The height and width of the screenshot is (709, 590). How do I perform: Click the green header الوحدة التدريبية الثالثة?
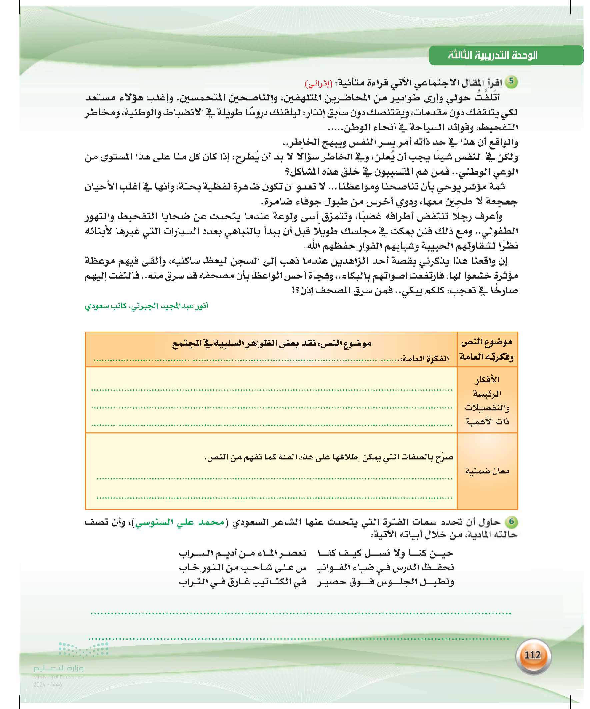click(x=492, y=55)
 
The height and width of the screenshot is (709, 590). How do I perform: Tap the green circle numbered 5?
click(x=511, y=82)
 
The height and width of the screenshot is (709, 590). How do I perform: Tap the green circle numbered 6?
click(x=511, y=521)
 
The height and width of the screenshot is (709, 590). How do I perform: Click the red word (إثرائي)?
click(x=318, y=83)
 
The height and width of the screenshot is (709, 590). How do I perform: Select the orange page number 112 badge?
click(x=533, y=655)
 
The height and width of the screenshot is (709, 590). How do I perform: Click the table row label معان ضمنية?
click(x=487, y=471)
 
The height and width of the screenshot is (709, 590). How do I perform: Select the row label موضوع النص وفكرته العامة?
click(x=487, y=349)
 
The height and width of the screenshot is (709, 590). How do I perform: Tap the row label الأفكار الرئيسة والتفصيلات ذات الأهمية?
click(x=487, y=400)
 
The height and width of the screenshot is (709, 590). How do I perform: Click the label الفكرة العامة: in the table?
click(x=425, y=359)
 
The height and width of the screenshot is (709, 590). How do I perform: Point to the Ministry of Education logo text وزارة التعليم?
click(x=58, y=668)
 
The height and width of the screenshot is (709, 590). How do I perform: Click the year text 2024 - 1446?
click(x=48, y=685)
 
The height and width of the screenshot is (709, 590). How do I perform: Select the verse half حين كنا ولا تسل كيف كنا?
click(x=385, y=553)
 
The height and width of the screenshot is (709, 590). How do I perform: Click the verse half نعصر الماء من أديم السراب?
click(x=243, y=553)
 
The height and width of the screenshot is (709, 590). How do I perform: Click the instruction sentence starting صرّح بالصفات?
click(x=329, y=457)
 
